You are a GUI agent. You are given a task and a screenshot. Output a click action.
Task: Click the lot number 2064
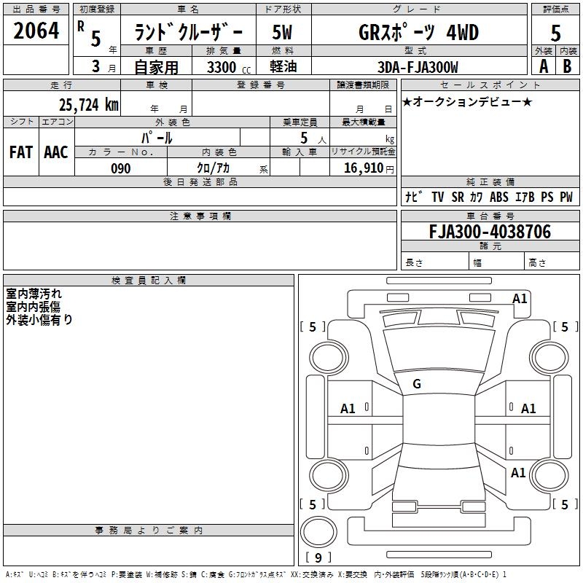36,31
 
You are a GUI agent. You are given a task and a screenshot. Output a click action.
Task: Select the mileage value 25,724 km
88,105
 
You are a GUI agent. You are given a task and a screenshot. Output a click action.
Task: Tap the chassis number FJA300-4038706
490,232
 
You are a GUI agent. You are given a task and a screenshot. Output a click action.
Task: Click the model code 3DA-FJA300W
418,67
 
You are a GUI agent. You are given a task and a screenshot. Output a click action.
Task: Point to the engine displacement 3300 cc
229,67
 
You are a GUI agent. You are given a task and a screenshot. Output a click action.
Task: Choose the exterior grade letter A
544,66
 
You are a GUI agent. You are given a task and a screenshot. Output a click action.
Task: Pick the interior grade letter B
567,66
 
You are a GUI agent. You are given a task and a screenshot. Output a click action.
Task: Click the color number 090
121,168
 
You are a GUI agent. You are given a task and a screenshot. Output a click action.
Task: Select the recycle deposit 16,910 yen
369,168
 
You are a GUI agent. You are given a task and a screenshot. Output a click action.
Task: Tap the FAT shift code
21,152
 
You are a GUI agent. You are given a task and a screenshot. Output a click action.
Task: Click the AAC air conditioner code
56,152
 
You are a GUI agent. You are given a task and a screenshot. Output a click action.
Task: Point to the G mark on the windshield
417,384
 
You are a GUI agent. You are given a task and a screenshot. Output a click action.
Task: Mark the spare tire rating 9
318,557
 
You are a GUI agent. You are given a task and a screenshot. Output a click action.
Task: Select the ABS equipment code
499,197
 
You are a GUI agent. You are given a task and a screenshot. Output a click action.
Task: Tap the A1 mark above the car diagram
520,299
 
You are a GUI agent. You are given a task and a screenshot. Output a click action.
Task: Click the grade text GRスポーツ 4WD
418,32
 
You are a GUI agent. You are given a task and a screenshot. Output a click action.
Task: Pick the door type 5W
282,32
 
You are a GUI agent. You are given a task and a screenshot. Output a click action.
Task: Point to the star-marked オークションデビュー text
467,101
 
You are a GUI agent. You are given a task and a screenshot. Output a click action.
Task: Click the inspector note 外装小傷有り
39,320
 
